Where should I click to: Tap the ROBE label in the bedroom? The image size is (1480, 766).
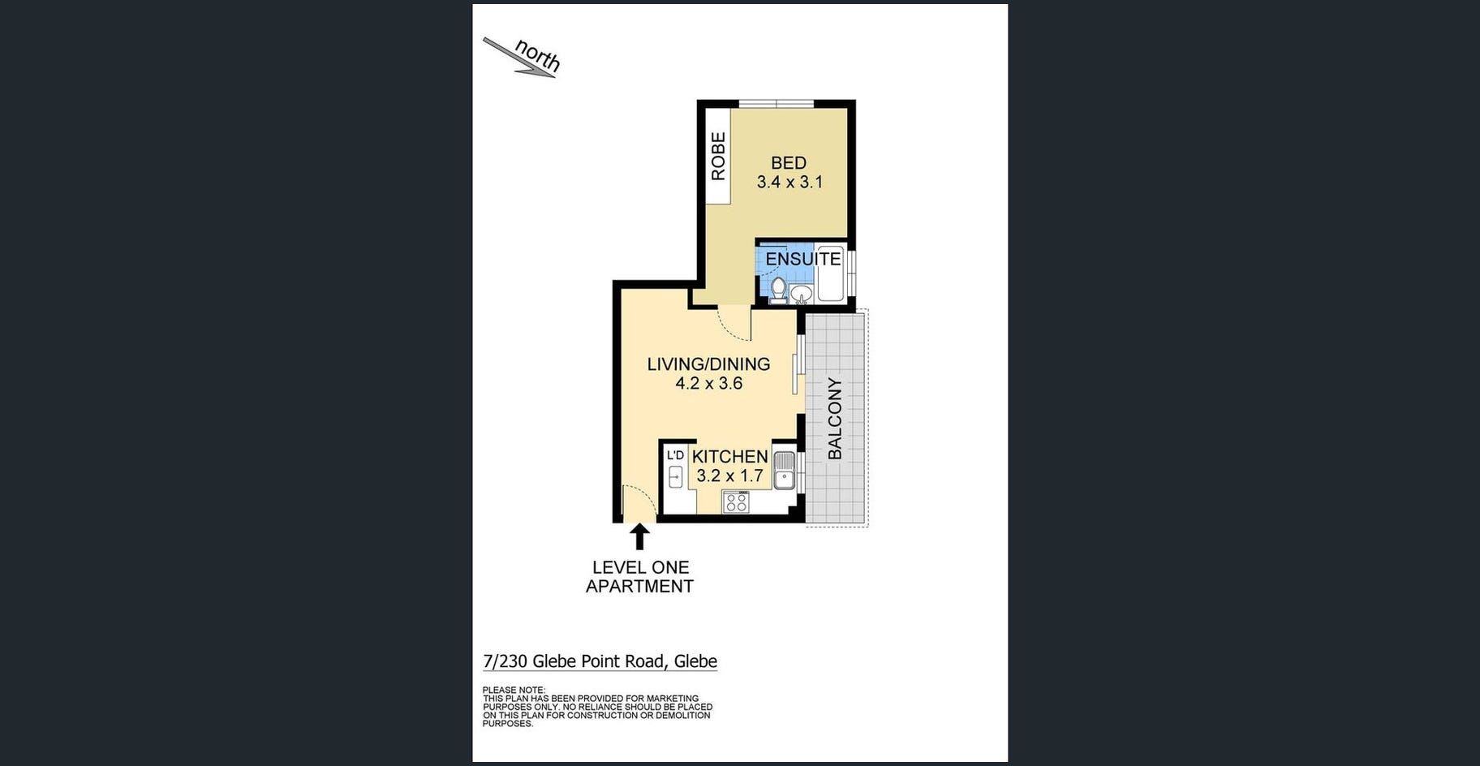coord(718,157)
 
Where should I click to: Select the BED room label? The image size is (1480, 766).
coord(789,163)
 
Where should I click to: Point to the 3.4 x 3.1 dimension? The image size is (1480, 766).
coord(789,183)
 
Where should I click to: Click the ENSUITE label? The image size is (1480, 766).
coord(803,259)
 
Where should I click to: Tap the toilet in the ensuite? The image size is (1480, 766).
coord(778,290)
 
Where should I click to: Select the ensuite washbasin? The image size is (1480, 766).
coord(802,295)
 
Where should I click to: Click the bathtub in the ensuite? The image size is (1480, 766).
coord(831,273)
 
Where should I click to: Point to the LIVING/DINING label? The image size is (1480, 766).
coord(708,364)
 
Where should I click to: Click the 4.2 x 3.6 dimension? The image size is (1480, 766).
coord(708,384)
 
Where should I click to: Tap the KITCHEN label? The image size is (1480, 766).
coord(729,457)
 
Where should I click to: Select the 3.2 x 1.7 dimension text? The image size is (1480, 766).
coord(729,476)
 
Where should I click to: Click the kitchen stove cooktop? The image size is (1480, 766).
coord(736,502)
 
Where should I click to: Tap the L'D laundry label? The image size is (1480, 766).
coord(675,455)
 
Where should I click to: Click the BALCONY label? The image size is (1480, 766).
coord(834,419)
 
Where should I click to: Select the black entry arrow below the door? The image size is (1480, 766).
coord(639,536)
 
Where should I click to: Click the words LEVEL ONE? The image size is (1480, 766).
coord(640,568)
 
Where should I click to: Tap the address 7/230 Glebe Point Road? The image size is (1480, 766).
coord(574,661)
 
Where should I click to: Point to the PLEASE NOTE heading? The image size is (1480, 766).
coord(514,691)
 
